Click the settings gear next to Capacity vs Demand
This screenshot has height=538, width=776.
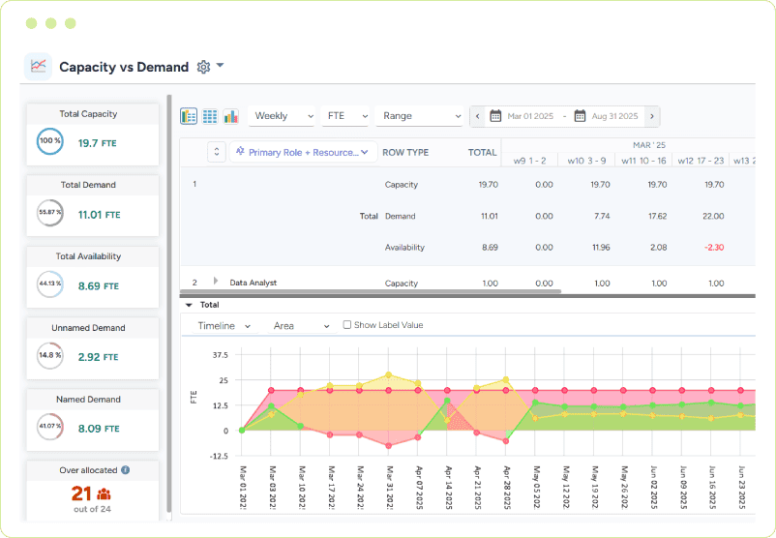[x=203, y=67]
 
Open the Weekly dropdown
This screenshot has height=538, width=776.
[x=281, y=116]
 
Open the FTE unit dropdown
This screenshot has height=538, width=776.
[x=346, y=116]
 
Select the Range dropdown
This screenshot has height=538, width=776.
[x=419, y=116]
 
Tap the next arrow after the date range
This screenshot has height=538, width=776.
[x=652, y=116]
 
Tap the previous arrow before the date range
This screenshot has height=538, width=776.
[x=477, y=116]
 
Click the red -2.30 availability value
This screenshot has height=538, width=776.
[x=715, y=248]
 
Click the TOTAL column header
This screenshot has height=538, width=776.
[x=482, y=153]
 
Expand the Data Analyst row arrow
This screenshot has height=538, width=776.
[x=216, y=282]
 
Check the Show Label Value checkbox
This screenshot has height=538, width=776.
[x=347, y=325]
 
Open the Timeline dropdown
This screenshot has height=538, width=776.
[x=224, y=326]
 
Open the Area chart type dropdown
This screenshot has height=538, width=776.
[x=301, y=326]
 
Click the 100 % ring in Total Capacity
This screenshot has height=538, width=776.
[x=49, y=141]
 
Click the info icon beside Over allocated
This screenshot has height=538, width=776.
[x=126, y=470]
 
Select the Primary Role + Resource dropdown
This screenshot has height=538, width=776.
[x=304, y=152]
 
